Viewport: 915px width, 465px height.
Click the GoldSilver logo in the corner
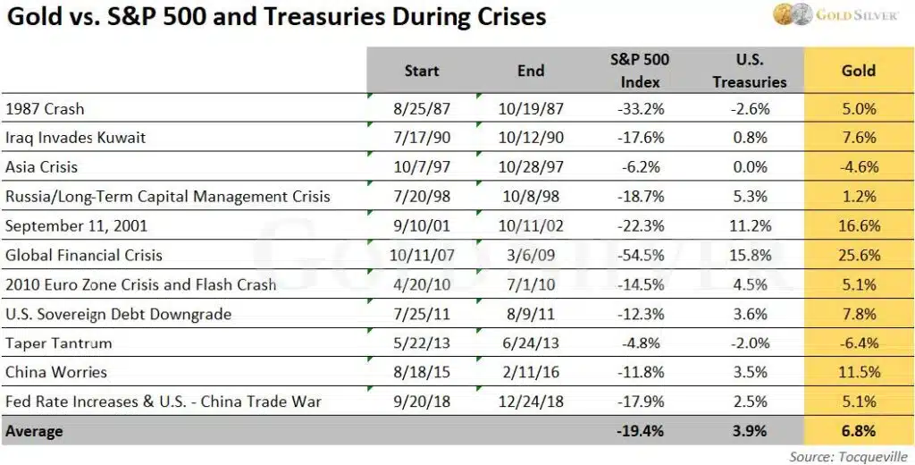pyautogui.click(x=835, y=15)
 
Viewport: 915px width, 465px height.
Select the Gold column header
pyautogui.click(x=858, y=70)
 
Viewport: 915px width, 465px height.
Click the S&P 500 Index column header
pyautogui.click(x=640, y=71)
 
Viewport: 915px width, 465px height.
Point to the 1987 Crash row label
pyautogui.click(x=45, y=108)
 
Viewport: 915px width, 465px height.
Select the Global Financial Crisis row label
pyautogui.click(x=84, y=255)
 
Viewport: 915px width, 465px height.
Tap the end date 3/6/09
pyautogui.click(x=532, y=255)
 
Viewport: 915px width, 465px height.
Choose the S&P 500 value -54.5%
pyautogui.click(x=640, y=255)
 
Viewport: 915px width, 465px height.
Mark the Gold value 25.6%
pyautogui.click(x=859, y=255)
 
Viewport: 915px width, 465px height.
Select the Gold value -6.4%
pyautogui.click(x=859, y=342)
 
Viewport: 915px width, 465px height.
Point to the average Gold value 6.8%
pyautogui.click(x=859, y=431)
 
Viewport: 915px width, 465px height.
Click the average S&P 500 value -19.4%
pyautogui.click(x=640, y=431)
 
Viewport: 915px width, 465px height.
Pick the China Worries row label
pyautogui.click(x=56, y=372)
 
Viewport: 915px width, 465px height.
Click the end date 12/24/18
pyautogui.click(x=532, y=402)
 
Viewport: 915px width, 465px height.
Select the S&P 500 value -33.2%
pyautogui.click(x=640, y=108)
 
